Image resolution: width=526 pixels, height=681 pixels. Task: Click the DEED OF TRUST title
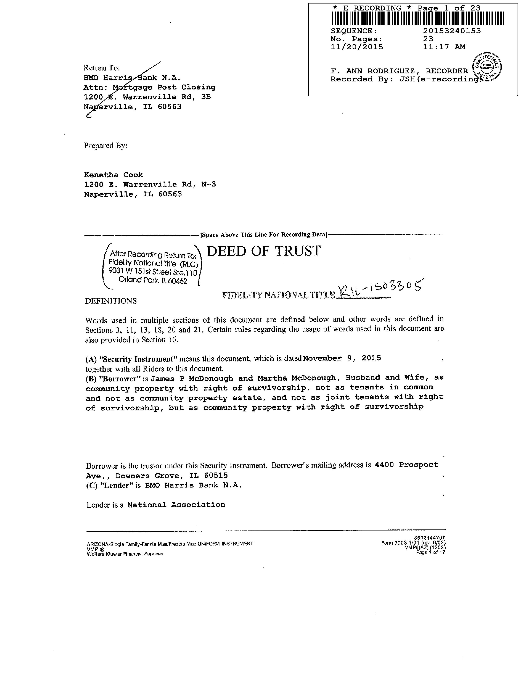[x=263, y=251]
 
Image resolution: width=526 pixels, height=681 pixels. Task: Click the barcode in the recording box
[x=417, y=18]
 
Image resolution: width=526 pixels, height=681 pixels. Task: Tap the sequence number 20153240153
[x=452, y=31]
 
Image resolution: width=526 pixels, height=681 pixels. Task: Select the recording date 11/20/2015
[x=357, y=47]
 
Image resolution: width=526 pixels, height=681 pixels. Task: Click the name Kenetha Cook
[x=113, y=175]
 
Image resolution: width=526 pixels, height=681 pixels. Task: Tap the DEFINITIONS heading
[x=111, y=301]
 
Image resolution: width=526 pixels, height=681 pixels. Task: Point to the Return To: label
[x=102, y=68]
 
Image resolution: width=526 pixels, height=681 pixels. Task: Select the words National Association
[x=176, y=505]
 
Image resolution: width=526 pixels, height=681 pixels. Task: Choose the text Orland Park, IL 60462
[x=153, y=280]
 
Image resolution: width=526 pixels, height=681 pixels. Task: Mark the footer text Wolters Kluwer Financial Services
[x=125, y=554]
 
